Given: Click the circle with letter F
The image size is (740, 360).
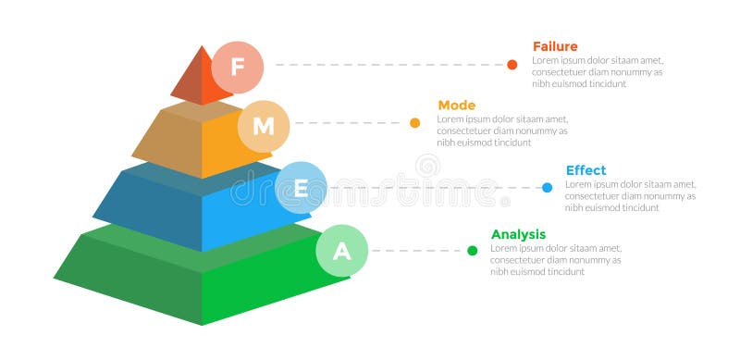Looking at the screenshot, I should coord(238,67).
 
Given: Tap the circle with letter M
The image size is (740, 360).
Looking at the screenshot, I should coord(264,126).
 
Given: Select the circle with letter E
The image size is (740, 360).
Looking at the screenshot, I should coord(301,188).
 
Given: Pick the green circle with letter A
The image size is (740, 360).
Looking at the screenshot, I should coord(342,251).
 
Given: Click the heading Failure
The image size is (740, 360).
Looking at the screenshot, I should coord(555,46).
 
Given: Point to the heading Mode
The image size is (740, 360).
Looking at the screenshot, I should coord(456,106).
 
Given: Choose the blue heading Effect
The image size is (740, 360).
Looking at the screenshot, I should coord(586,170).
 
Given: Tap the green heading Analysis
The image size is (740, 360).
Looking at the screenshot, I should coord(518,234).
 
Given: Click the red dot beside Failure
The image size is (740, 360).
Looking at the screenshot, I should coord(512,65).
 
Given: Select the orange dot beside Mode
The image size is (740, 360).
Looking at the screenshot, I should coord(414,122).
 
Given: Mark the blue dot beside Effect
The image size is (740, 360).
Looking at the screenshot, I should coord(547,187).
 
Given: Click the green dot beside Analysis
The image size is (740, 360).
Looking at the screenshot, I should coord(472,250).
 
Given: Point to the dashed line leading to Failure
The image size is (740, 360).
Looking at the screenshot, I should coord(388,65).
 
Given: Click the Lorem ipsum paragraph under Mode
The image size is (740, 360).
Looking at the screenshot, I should coord(502,130).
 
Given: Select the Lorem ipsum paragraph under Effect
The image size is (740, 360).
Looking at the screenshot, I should coord(630,195).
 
